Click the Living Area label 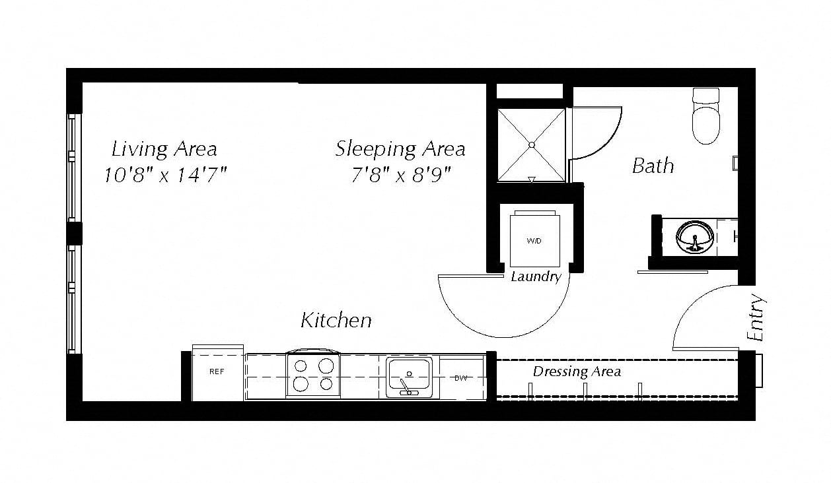(164, 149)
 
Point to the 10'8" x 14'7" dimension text (165, 175)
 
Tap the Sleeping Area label (400, 149)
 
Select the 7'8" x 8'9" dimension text (401, 175)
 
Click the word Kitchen (336, 320)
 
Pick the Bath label (653, 166)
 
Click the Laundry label (536, 277)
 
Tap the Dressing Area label (577, 371)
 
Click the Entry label (756, 317)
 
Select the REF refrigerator (217, 373)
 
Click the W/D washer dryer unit (534, 239)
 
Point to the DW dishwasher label (461, 378)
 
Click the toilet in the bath (706, 115)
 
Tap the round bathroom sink (694, 238)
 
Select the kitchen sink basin (409, 377)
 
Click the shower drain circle (532, 145)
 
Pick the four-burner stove (312, 373)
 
